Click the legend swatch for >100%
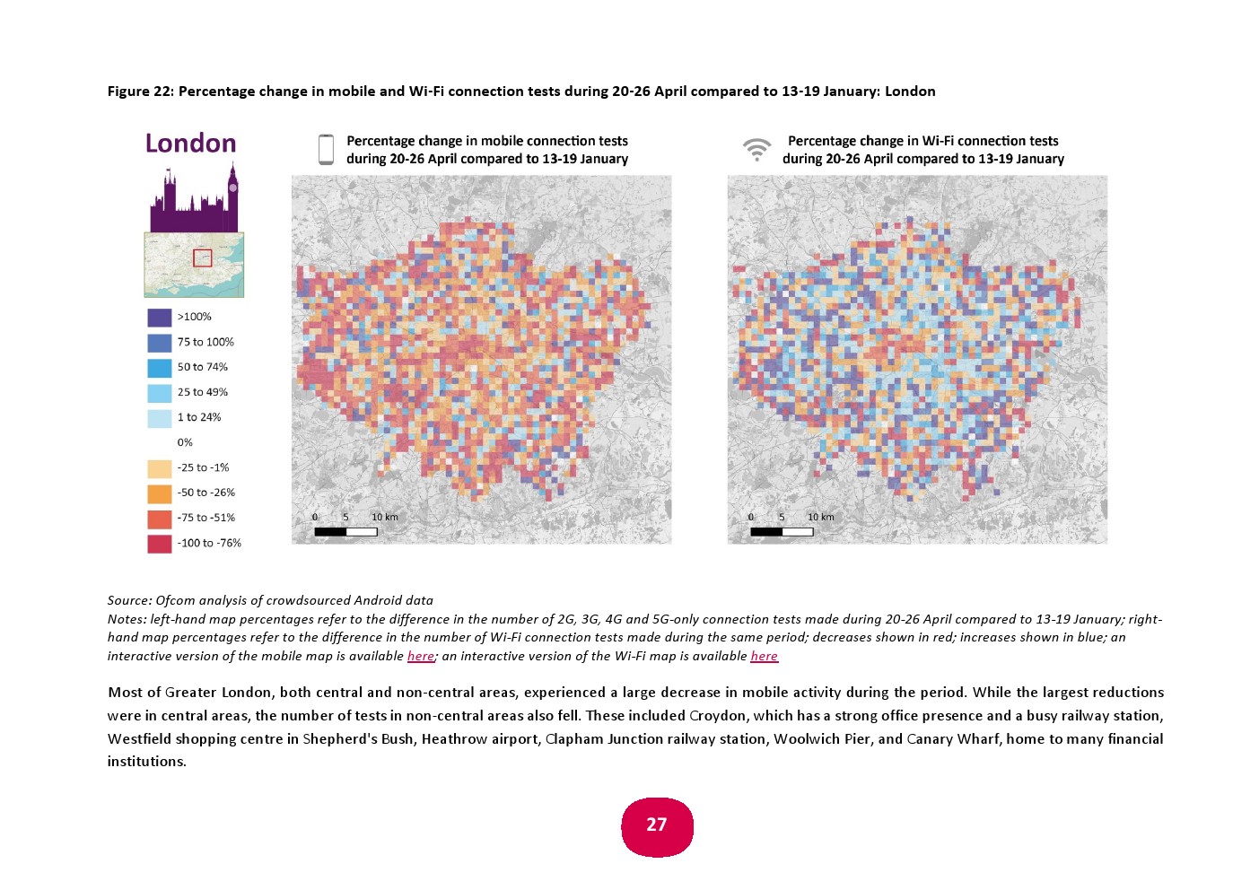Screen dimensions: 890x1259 159,318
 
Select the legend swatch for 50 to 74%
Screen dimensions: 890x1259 159,368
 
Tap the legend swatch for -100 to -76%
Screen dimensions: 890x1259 159,544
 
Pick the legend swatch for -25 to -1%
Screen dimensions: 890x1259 159,468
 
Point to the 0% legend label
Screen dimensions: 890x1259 185,442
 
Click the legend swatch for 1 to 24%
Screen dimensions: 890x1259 159,418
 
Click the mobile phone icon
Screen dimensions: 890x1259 326,150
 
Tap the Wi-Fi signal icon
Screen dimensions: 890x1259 756,149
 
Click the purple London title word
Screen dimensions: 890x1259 190,144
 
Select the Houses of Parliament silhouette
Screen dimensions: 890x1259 194,202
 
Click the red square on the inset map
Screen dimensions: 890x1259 203,258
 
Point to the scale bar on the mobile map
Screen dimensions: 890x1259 345,532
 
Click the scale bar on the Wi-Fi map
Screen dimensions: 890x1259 782,532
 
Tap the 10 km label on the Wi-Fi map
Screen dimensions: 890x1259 820,518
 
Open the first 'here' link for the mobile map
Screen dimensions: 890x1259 420,656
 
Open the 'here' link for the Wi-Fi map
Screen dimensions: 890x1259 764,656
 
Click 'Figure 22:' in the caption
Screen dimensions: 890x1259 140,92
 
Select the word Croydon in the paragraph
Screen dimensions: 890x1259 718,716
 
